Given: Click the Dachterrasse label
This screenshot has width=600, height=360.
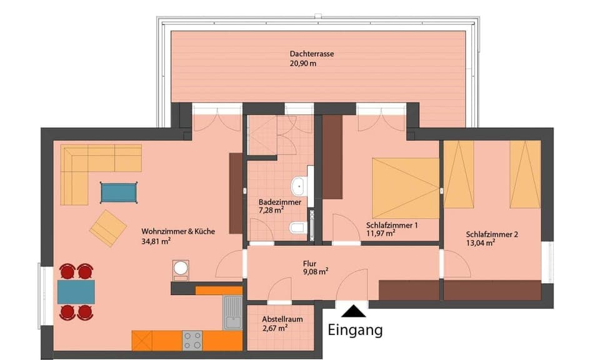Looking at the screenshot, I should (312, 54).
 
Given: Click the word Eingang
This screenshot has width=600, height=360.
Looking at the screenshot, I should (355, 329).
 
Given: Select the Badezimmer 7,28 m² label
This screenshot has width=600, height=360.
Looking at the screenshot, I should (280, 206).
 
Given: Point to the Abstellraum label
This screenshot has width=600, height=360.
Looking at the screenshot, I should (282, 319).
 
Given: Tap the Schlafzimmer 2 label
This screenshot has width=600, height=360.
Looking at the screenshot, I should (492, 235).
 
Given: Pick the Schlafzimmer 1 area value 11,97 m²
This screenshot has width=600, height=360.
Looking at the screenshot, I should (381, 233).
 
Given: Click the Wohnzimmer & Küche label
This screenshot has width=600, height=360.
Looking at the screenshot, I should (178, 231).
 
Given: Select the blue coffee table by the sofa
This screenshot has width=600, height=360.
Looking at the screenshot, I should (119, 192).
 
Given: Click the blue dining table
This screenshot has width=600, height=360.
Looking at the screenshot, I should (76, 291).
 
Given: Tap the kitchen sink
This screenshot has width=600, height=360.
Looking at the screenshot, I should (232, 312).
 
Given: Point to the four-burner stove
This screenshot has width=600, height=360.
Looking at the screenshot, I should (192, 340).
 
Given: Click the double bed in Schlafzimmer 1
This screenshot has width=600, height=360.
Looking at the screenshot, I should (406, 187).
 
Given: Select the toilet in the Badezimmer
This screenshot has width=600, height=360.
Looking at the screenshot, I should (298, 228).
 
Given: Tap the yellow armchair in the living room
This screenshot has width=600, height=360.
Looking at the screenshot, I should (108, 227).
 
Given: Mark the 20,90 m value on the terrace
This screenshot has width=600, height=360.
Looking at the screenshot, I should (303, 64).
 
